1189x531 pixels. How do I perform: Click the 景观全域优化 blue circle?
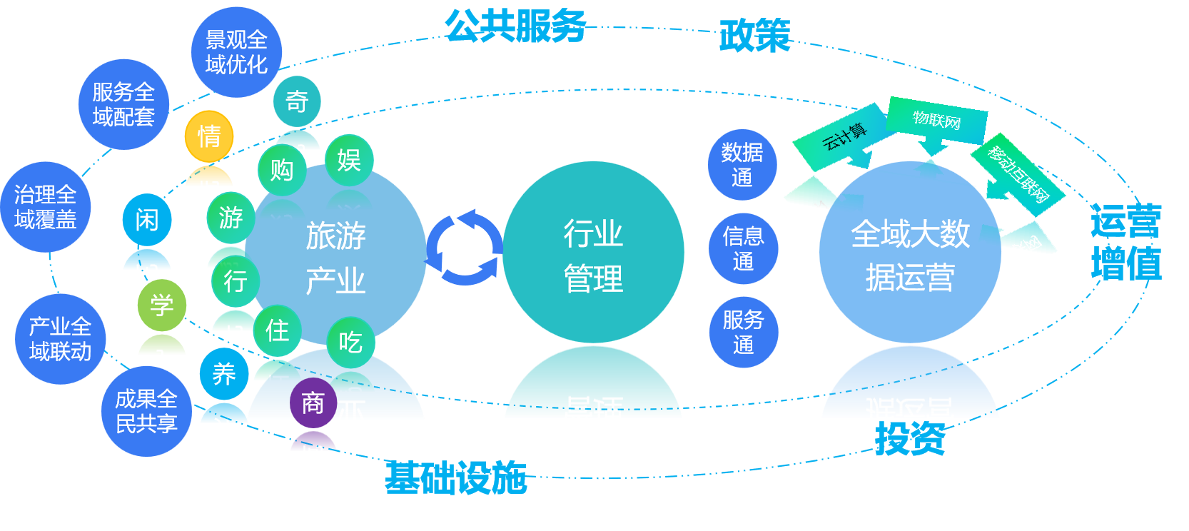coord(236,52)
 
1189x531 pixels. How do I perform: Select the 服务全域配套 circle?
coord(123,104)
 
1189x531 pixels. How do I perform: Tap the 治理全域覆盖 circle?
coord(45,207)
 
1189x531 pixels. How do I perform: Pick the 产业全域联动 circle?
coord(60,339)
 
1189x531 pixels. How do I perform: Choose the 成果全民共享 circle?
coord(146,411)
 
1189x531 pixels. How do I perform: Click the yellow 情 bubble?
coord(209,136)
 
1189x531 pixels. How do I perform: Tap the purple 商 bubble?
coord(313,403)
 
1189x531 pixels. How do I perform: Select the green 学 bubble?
coord(162,305)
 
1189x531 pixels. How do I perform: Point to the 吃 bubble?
coord(350,343)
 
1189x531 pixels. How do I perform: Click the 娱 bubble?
coord(348,160)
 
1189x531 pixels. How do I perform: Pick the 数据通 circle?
coord(742,165)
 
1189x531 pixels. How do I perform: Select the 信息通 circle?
coord(743,248)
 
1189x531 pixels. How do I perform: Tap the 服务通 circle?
coord(743,332)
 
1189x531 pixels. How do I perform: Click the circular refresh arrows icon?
coord(465,248)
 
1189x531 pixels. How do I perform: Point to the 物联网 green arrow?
coord(936,121)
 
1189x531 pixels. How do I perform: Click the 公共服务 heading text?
coord(515,26)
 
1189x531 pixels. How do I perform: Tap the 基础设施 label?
coord(456,477)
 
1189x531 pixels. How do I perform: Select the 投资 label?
coord(910,438)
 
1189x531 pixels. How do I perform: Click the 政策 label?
coord(755,36)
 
